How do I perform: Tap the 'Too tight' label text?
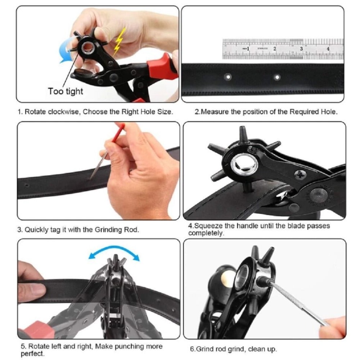pyautogui.click(x=66, y=91)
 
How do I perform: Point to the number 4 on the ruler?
pyautogui.click(x=328, y=48)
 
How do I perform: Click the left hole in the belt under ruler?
pyautogui.click(x=228, y=77)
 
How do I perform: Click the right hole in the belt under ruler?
pyautogui.click(x=277, y=77)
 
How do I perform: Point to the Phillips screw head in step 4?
pyautogui.click(x=300, y=175)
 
